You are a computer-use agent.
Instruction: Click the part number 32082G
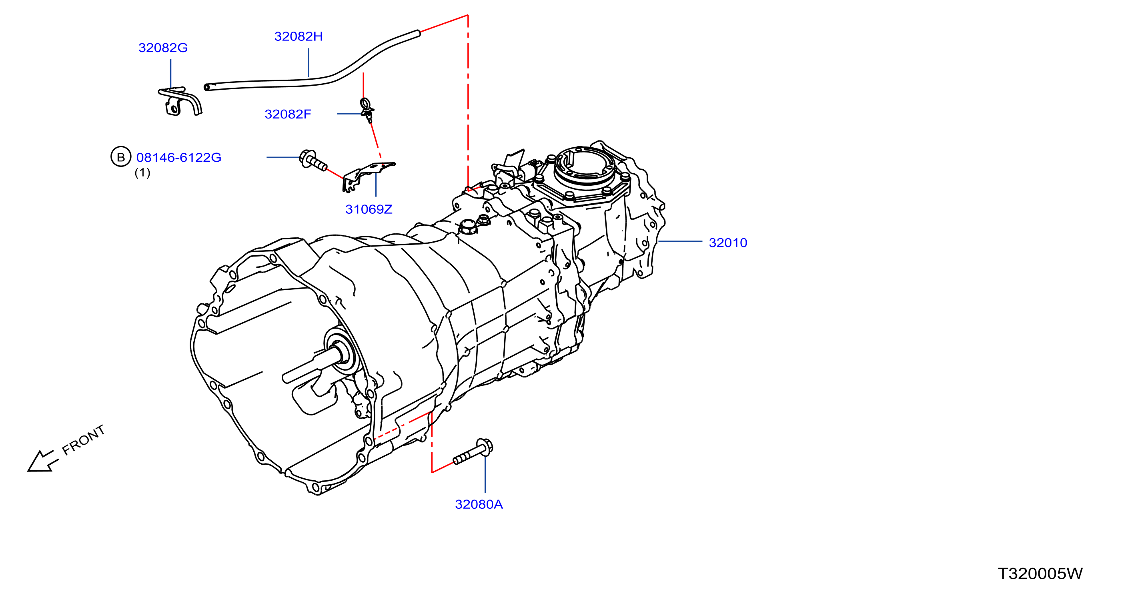pos(163,48)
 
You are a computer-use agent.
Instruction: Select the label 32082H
pos(299,36)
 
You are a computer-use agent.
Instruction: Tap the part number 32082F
pos(288,114)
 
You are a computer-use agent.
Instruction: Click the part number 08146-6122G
pos(179,157)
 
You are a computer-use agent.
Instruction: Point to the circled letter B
pos(121,157)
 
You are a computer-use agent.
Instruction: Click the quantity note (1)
pos(142,173)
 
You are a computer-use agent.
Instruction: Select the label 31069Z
pos(369,209)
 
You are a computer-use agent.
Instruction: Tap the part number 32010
pos(728,243)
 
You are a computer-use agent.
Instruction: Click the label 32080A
pos(479,504)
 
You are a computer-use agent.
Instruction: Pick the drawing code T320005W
pos(1040,574)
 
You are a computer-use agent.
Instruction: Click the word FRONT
pos(84,439)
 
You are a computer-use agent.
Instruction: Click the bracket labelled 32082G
pos(180,102)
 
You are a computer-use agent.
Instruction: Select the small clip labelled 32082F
pos(367,110)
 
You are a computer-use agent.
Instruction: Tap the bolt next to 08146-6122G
pos(313,160)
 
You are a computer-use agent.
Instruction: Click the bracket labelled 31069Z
pos(368,176)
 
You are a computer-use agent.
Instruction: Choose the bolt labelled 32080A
pos(473,452)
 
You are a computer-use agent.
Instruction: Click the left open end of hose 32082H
pos(207,88)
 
